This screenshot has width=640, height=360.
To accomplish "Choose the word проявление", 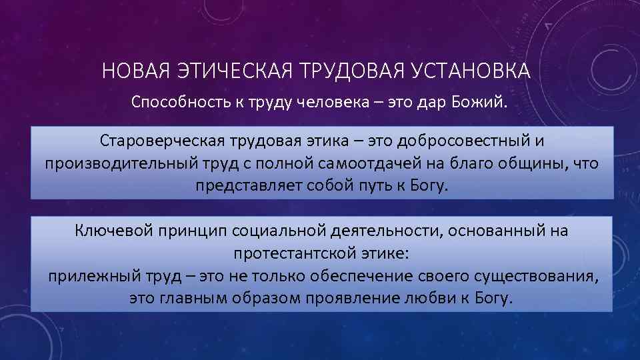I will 337,298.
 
